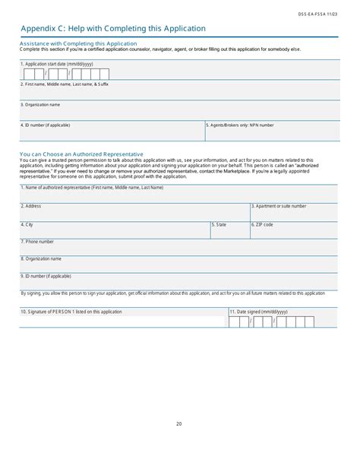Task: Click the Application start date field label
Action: [60, 65]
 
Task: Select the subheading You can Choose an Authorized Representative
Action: [81, 154]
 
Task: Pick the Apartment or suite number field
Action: [294, 213]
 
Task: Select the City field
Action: [115, 231]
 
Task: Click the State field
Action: [230, 231]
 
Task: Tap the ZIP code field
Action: [294, 231]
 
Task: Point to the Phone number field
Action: [179, 249]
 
